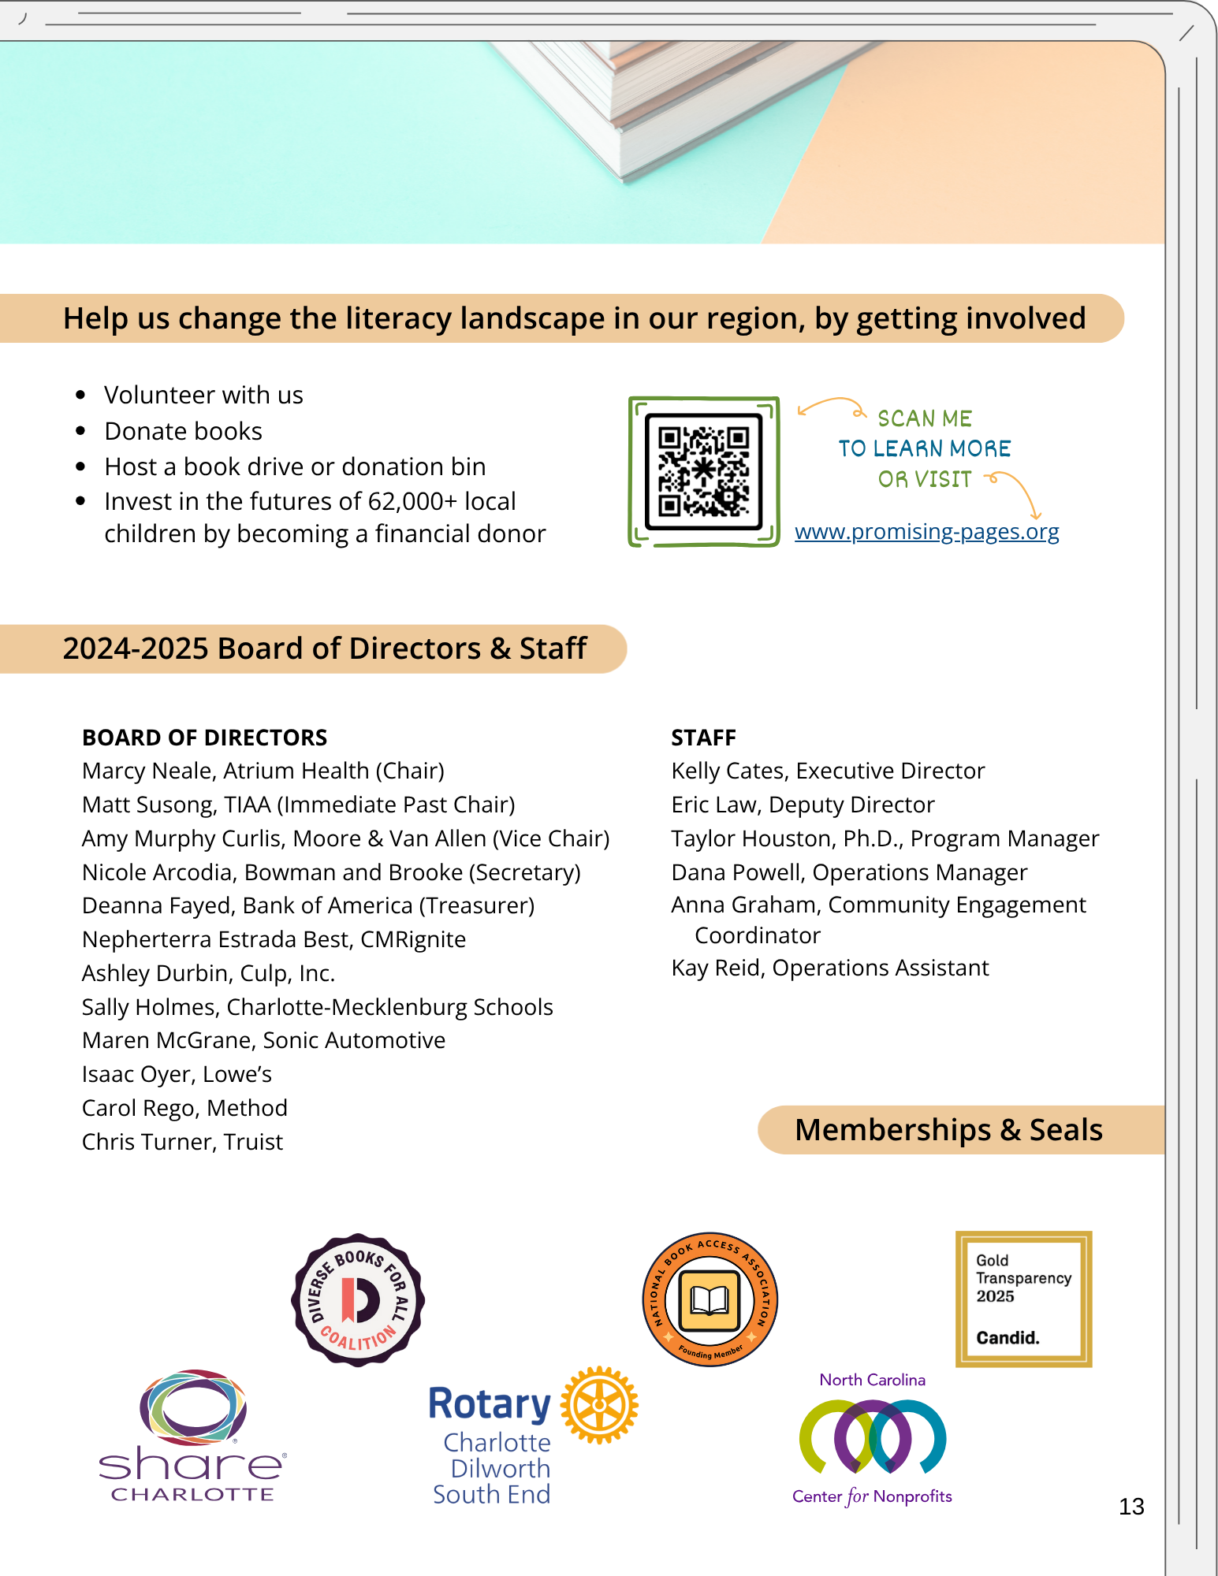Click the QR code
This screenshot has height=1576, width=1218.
point(703,471)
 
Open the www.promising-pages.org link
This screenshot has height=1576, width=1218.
point(926,532)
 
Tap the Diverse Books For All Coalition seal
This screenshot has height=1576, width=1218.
point(358,1299)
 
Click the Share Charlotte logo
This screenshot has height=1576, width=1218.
point(192,1434)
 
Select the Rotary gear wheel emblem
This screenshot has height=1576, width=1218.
point(599,1405)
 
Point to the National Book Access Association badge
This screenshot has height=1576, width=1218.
point(710,1299)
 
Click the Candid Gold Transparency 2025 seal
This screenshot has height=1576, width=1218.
point(1023,1299)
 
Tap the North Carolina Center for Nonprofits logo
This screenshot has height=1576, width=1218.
point(873,1438)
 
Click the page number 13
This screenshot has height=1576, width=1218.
point(1131,1507)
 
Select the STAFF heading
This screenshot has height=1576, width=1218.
point(703,738)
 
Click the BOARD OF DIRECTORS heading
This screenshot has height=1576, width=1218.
point(204,738)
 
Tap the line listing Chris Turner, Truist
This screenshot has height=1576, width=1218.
point(182,1142)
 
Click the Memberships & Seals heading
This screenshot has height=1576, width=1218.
point(948,1130)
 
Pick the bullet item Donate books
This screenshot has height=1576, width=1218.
point(183,431)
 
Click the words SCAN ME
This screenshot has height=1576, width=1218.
point(925,418)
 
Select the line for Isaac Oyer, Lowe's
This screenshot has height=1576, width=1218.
point(177,1074)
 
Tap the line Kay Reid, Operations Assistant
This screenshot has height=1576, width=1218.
point(829,968)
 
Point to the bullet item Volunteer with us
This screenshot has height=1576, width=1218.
point(203,395)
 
